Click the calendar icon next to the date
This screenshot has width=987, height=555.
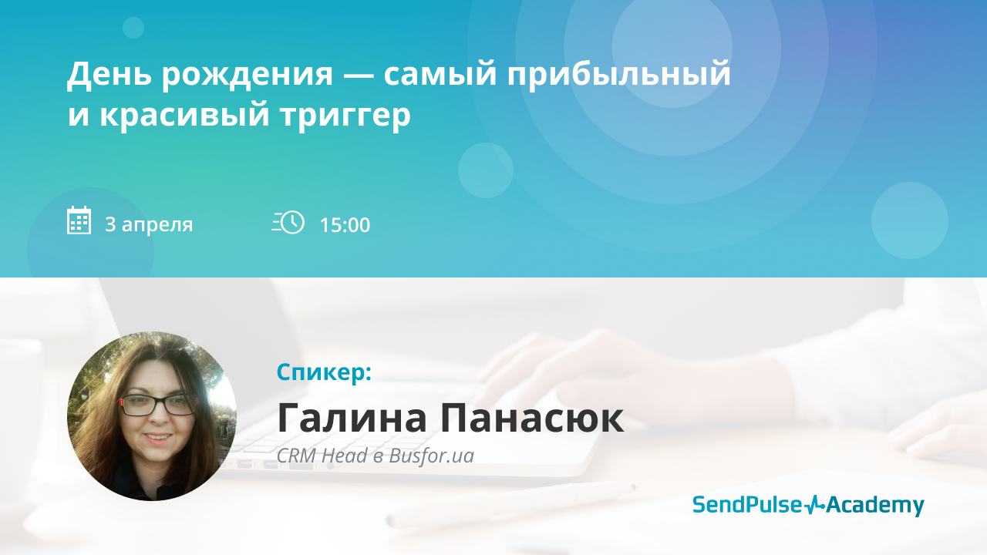click(79, 220)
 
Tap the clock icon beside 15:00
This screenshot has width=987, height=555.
click(288, 222)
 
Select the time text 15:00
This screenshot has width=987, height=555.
click(345, 225)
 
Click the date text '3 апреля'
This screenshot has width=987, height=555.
click(149, 225)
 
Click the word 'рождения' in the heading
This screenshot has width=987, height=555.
click(248, 75)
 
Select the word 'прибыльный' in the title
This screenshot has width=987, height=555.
click(618, 74)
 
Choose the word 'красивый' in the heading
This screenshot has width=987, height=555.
click(184, 115)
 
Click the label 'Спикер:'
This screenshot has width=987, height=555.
click(325, 372)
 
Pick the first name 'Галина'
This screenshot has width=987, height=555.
click(352, 418)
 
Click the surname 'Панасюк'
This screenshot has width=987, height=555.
click(532, 418)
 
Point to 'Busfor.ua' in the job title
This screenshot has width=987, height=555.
click(431, 456)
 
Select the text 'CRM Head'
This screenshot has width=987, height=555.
click(322, 456)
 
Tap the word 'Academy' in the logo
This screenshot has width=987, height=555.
click(875, 506)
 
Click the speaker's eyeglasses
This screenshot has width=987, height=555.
click(158, 405)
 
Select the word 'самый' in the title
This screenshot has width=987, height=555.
click(440, 74)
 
